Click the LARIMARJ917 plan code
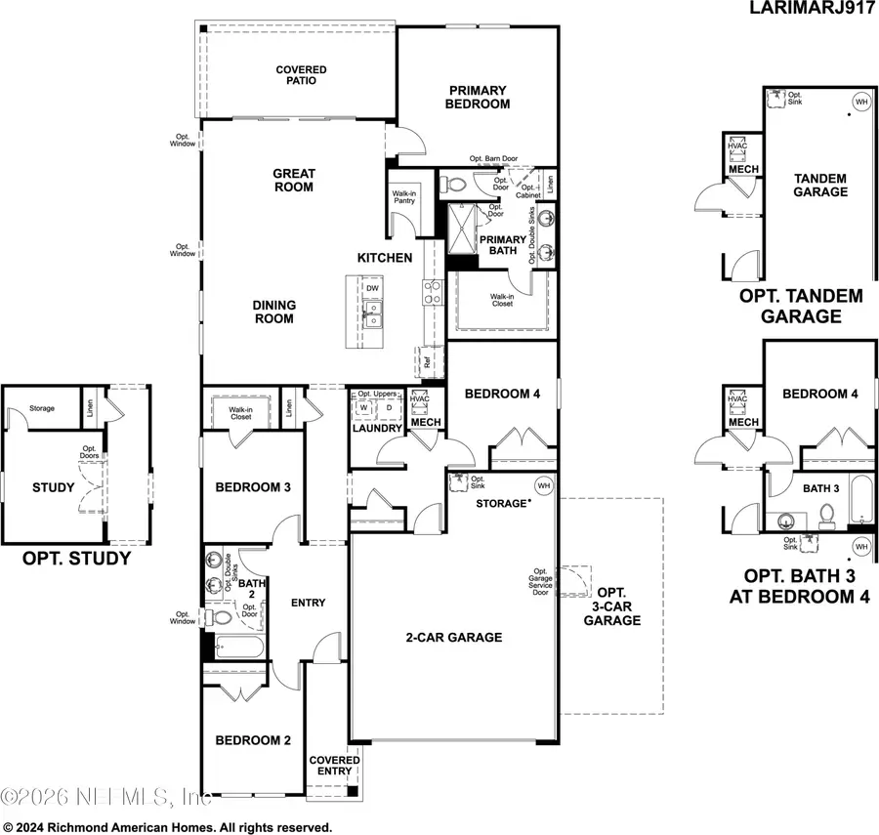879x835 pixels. point(812,11)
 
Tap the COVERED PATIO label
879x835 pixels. point(301,76)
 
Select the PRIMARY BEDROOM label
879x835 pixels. point(478,97)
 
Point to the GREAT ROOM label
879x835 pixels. point(293,181)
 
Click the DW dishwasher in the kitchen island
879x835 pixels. point(372,288)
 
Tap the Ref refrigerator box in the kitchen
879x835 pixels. point(427,359)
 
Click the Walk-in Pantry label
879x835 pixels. point(404,196)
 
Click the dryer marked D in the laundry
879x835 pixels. point(388,408)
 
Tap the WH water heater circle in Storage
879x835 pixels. point(541,485)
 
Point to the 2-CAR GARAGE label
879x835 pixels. point(454,638)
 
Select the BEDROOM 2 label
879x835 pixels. point(253,740)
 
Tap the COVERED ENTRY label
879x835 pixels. point(334,766)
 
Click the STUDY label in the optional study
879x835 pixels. point(53,487)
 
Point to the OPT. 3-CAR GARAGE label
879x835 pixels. point(612,606)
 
